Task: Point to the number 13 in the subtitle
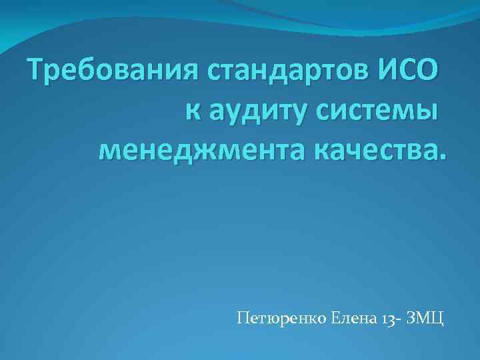[389, 317]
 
